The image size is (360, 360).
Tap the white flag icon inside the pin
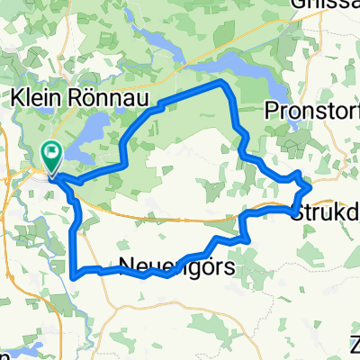click(x=52, y=154)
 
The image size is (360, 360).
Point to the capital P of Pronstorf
click(x=273, y=110)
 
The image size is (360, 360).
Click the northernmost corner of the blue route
click(x=222, y=82)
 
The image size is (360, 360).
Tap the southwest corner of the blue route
click(x=73, y=269)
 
